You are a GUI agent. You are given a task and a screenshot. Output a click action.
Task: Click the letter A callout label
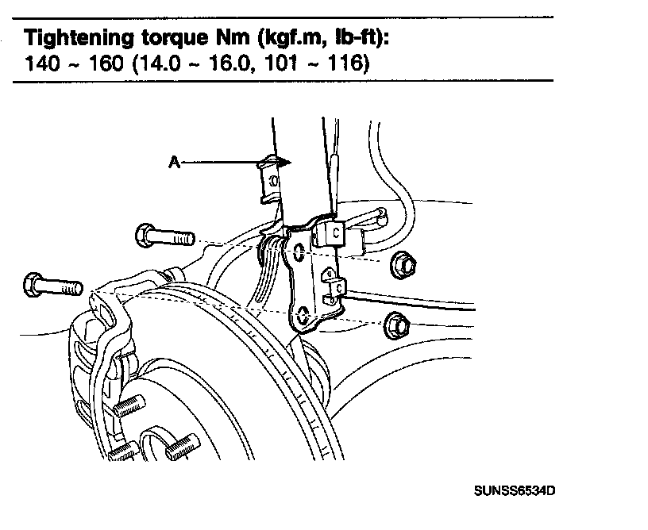(x=172, y=162)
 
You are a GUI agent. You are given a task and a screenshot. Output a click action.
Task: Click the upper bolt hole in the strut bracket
(x=298, y=253)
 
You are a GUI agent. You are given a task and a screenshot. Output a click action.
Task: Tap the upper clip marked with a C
(x=335, y=234)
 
